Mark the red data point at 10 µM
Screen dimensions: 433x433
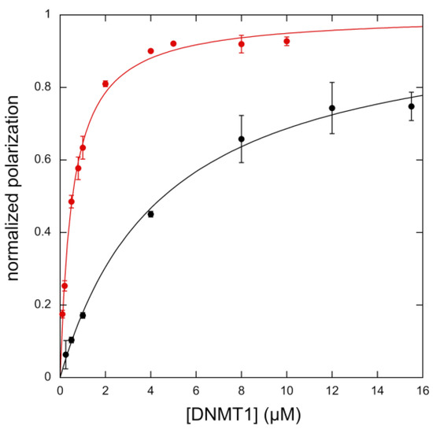point(287,41)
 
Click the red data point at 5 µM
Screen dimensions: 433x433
point(173,43)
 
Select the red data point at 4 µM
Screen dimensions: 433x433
point(150,51)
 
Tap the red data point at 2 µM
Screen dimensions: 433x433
point(105,83)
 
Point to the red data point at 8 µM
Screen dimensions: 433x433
point(241,44)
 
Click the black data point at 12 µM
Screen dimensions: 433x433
point(331,108)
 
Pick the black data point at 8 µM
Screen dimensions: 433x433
point(241,139)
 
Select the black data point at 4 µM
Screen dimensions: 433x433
point(150,213)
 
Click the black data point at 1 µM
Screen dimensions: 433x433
point(83,315)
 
